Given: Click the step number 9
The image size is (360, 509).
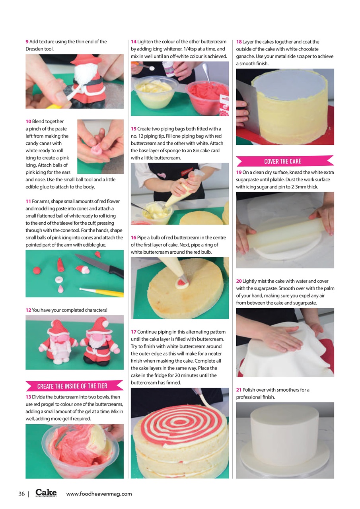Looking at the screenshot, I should (x=27, y=42).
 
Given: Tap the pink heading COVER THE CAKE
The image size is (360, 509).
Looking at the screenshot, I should (x=283, y=161).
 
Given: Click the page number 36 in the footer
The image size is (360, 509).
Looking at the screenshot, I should (x=21, y=494).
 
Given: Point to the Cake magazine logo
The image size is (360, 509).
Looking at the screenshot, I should (x=46, y=493).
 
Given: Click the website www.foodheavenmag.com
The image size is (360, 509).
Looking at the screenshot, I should (x=99, y=494).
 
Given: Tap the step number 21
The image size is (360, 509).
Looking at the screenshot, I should (x=239, y=390).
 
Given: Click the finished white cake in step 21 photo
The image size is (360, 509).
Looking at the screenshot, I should (x=285, y=433).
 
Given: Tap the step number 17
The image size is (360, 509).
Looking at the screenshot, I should (x=133, y=332).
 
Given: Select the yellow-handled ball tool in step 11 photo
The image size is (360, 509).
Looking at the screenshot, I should (x=102, y=292).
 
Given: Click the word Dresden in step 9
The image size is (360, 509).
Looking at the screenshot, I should (x=34, y=49).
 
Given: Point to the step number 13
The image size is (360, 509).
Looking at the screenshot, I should (x=28, y=397).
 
